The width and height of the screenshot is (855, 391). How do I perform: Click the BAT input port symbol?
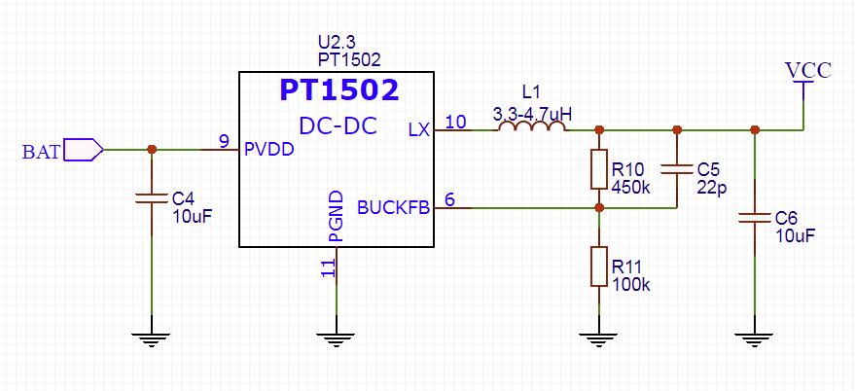(84, 150)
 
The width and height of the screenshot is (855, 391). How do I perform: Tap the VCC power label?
(808, 70)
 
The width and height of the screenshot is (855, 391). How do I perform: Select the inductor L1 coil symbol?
(532, 126)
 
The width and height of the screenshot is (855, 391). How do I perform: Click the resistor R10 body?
(599, 169)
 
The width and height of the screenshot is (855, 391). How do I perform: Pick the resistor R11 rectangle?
(599, 267)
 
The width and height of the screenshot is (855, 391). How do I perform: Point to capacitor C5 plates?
(677, 169)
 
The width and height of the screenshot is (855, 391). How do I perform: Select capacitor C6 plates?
(755, 218)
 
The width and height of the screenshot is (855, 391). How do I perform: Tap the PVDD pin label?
(269, 149)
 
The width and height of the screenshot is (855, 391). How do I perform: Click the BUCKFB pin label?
(393, 208)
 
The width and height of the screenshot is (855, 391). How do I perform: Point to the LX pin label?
(419, 129)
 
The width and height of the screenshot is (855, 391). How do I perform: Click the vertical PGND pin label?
(337, 217)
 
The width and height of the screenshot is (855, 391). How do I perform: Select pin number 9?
(224, 141)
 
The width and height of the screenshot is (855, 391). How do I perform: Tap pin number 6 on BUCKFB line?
(449, 199)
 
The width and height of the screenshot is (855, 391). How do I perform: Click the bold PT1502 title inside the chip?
(339, 90)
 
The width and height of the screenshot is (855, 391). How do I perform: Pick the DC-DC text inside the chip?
(338, 126)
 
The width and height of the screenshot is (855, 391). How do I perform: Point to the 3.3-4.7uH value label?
(532, 115)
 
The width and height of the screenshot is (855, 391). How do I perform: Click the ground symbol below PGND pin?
(337, 338)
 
